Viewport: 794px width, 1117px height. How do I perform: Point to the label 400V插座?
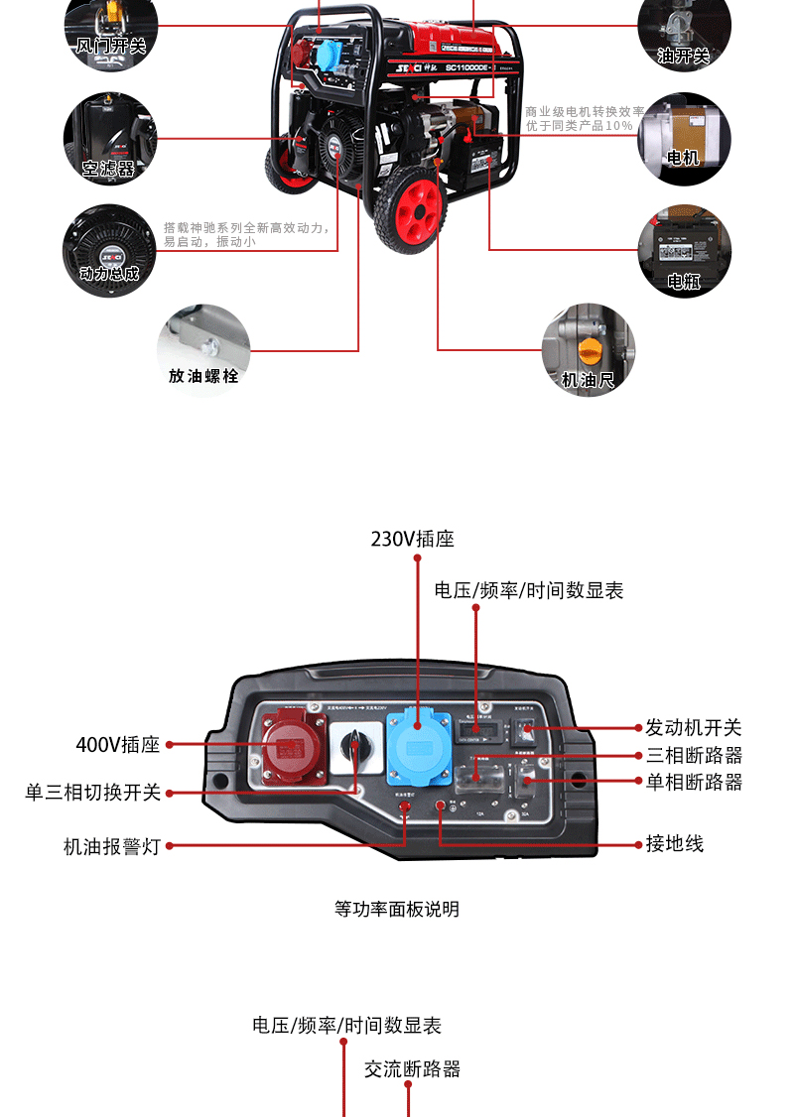117,744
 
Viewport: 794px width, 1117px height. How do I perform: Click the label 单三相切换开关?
92,793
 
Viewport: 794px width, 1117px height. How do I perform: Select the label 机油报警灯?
111,846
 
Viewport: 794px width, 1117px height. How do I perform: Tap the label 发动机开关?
694,728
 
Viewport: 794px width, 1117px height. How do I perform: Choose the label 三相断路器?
694,755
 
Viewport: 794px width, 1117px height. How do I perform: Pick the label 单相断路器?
694,782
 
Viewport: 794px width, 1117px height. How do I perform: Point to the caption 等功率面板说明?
397,909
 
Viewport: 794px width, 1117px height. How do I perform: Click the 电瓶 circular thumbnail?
684,252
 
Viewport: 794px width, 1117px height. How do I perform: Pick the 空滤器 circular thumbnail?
109,138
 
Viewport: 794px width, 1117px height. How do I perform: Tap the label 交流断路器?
412,1068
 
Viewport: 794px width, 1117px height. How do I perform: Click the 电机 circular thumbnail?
684,138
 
